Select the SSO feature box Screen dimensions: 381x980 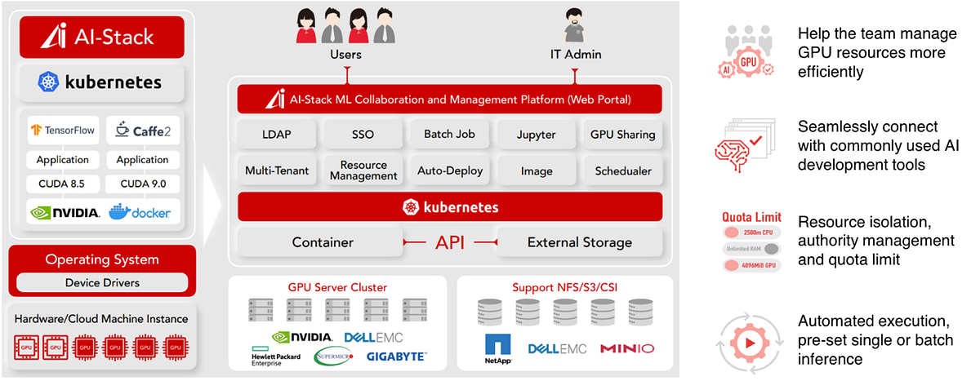point(363,134)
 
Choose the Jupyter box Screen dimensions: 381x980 point(537,134)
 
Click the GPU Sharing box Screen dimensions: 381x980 point(623,134)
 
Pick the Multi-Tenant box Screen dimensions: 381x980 point(277,171)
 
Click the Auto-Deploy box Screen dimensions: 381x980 point(450,171)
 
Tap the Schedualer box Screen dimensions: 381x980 point(623,171)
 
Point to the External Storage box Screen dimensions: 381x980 point(579,242)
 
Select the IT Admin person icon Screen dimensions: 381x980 point(573,26)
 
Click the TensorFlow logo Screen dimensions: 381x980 point(63,130)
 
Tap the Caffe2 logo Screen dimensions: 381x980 point(143,130)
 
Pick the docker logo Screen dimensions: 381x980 point(142,212)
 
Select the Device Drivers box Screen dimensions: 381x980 point(102,283)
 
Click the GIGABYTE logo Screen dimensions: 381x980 point(395,357)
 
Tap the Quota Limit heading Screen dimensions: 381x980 point(752,218)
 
